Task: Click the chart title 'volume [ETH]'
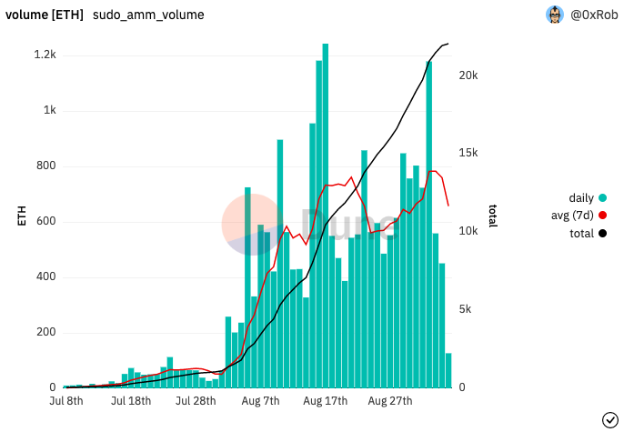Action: [x=45, y=15]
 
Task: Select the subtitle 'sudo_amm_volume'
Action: [x=148, y=15]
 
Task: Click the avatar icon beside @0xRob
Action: [x=555, y=15]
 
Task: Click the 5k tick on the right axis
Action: [x=466, y=309]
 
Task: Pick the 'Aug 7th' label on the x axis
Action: [x=261, y=400]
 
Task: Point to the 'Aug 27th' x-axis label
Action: [x=390, y=400]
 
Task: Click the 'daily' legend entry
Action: [x=581, y=198]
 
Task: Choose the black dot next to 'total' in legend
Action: [x=602, y=234]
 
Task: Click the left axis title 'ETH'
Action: [x=21, y=216]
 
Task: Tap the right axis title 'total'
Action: [x=492, y=216]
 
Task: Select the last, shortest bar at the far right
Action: [x=448, y=370]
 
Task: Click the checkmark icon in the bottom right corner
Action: [x=610, y=418]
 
